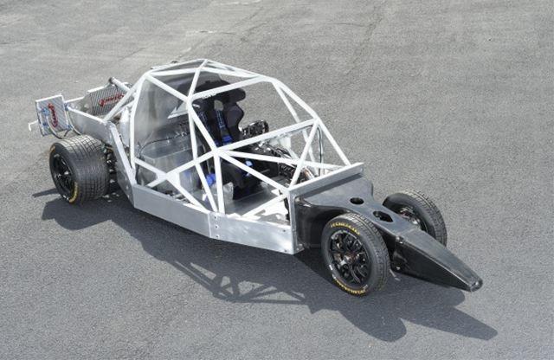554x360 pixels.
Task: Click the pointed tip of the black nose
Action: tap(474, 284)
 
